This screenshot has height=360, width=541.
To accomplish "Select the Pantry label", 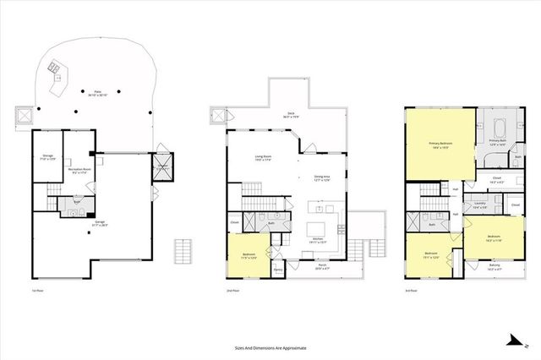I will pos(277,270).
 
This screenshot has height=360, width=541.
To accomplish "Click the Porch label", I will pos(322,266).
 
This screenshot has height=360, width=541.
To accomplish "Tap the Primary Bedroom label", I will pos(440,145).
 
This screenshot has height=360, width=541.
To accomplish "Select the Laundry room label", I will pos(480,205).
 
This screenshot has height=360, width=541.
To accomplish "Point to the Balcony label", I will pos(494,266).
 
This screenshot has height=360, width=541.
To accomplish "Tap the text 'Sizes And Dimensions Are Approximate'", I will pos(270,347).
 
